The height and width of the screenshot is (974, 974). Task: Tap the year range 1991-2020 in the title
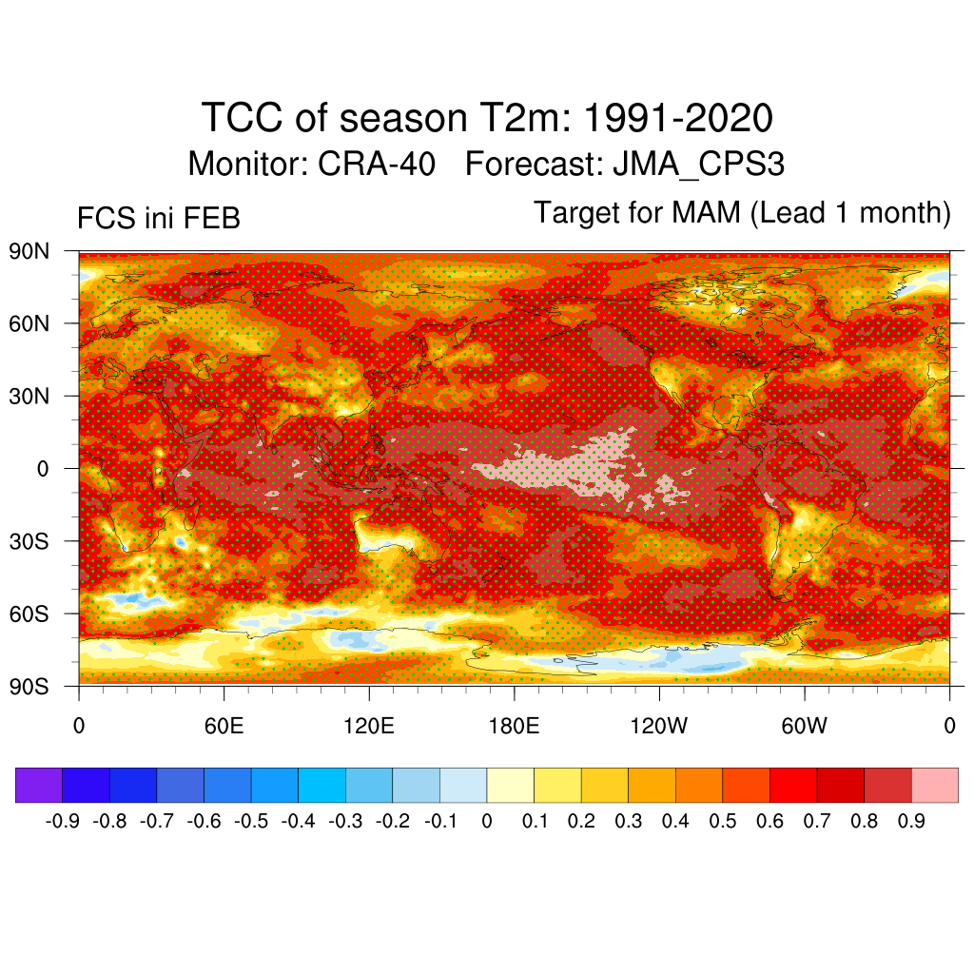pyautogui.click(x=677, y=119)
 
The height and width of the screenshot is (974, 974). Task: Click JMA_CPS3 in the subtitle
pyautogui.click(x=699, y=164)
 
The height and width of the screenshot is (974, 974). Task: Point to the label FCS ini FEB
pyautogui.click(x=159, y=219)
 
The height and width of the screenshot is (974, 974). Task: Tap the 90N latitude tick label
pyautogui.click(x=29, y=252)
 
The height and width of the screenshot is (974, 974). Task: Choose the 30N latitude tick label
pyautogui.click(x=29, y=396)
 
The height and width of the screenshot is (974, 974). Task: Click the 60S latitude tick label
pyautogui.click(x=29, y=614)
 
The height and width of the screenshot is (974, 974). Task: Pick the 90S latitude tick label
pyautogui.click(x=29, y=686)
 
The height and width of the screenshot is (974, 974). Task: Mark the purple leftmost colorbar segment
pyautogui.click(x=39, y=785)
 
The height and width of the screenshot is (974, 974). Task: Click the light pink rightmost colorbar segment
pyautogui.click(x=935, y=785)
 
